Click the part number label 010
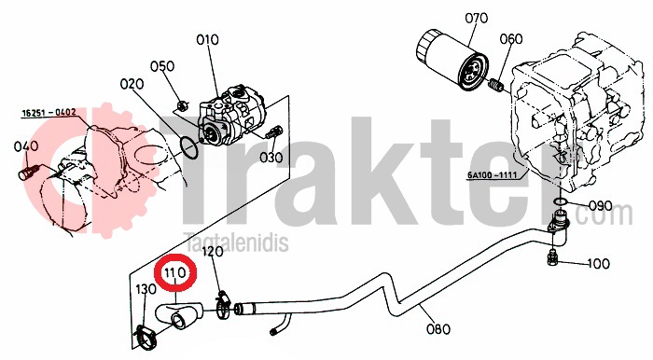(207, 40)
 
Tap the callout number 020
(132, 84)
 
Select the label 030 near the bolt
(271, 158)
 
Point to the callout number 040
(26, 146)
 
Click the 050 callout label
(162, 66)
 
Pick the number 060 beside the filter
(511, 39)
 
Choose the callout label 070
(476, 18)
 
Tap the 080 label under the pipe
(438, 329)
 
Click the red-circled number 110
(174, 273)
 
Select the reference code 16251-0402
(49, 113)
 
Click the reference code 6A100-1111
(493, 175)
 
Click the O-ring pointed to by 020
(189, 148)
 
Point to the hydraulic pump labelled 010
(231, 115)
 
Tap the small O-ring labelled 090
(561, 202)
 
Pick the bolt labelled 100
(552, 258)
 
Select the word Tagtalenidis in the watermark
(236, 242)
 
